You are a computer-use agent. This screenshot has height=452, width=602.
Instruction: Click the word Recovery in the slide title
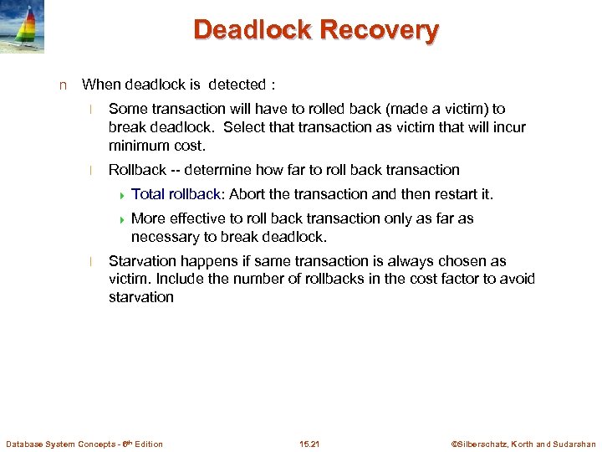pos(380,31)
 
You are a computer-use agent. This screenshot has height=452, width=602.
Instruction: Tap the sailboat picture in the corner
pos(23,27)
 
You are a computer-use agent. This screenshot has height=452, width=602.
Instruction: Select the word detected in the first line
pos(237,85)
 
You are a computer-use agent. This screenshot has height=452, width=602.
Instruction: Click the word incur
pos(508,127)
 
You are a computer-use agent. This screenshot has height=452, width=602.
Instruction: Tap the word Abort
pos(247,194)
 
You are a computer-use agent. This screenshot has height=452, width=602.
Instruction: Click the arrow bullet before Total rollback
pos(122,195)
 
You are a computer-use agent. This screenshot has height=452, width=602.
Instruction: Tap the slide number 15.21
pos(309,444)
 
